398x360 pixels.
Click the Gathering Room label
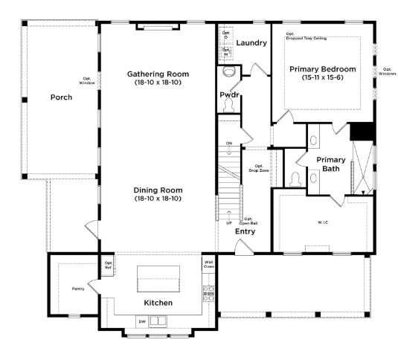[158, 78]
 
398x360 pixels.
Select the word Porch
[61, 97]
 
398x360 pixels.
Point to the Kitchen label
[158, 303]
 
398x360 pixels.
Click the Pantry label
[78, 289]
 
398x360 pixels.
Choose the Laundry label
[251, 42]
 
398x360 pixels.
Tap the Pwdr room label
[228, 95]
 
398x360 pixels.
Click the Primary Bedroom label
[323, 73]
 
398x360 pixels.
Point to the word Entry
[245, 231]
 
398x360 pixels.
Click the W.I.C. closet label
[324, 221]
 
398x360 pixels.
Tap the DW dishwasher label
[141, 321]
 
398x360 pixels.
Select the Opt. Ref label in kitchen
[108, 265]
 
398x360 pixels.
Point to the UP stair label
[228, 222]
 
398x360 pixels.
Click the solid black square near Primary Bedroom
[362, 131]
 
